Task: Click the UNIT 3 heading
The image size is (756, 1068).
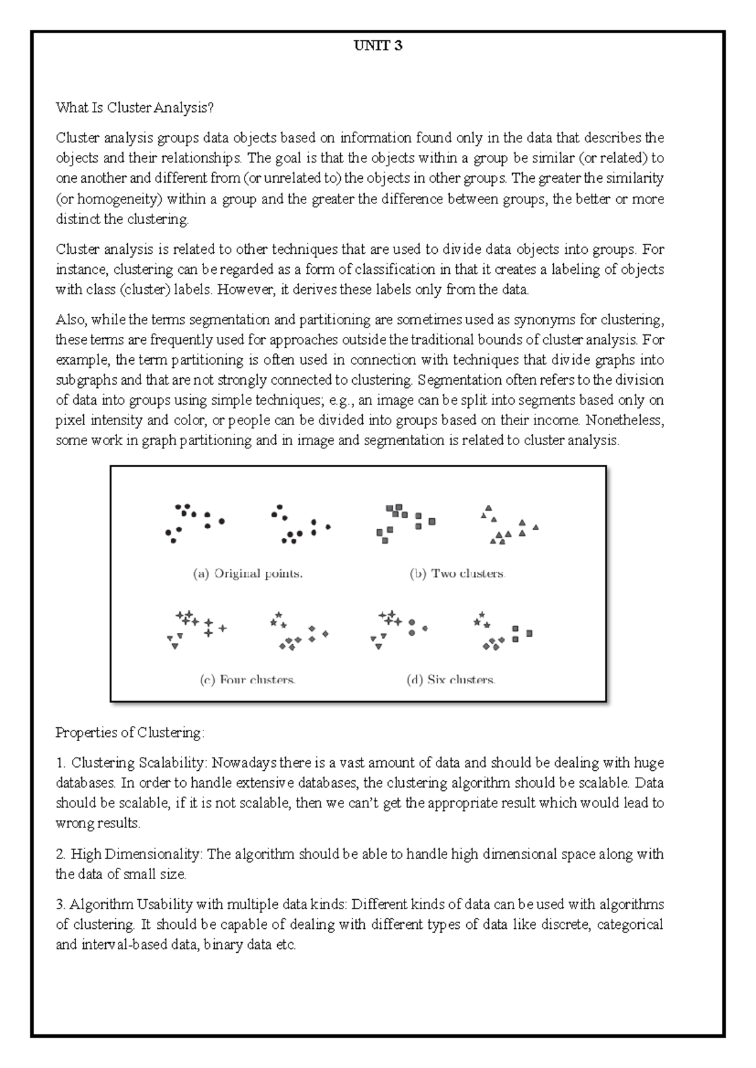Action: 378,46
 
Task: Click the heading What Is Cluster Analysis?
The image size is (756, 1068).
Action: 135,108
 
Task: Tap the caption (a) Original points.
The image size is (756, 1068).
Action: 248,574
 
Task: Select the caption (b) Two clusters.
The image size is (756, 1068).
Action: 458,574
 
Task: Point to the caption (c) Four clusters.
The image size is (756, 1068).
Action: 248,680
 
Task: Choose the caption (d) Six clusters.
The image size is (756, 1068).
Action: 452,680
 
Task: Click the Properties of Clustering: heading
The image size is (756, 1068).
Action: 130,732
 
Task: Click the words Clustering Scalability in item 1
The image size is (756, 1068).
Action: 138,763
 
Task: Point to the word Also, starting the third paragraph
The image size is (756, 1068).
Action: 71,320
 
